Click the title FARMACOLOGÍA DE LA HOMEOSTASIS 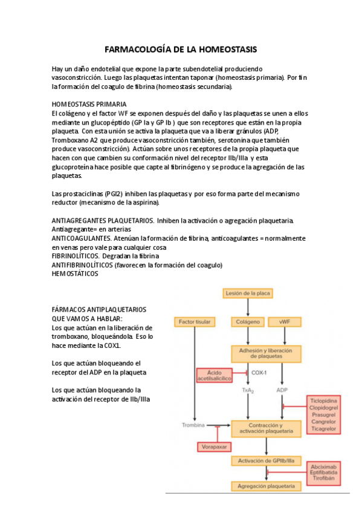[x=181, y=48]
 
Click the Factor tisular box [x=195, y=322]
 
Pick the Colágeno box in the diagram [x=248, y=322]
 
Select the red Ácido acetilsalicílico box [x=215, y=375]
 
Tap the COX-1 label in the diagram [x=259, y=373]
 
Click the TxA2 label [x=248, y=390]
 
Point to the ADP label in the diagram [x=282, y=390]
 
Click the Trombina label [x=194, y=425]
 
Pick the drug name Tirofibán [x=325, y=478]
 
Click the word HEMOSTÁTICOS [x=74, y=273]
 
